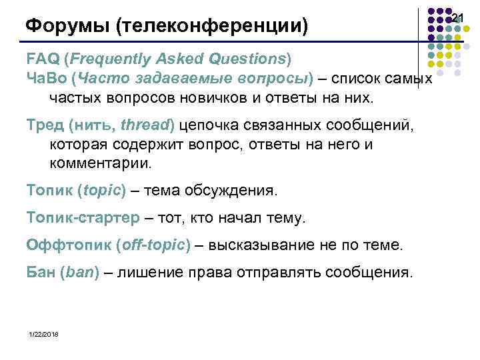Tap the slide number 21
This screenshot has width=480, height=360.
pyautogui.click(x=457, y=16)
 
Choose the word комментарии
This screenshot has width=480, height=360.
pyautogui.click(x=100, y=163)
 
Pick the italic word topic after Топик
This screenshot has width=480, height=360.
pyautogui.click(x=101, y=191)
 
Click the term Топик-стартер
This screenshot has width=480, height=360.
pyautogui.click(x=83, y=218)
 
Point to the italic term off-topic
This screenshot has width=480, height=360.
pyautogui.click(x=153, y=245)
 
